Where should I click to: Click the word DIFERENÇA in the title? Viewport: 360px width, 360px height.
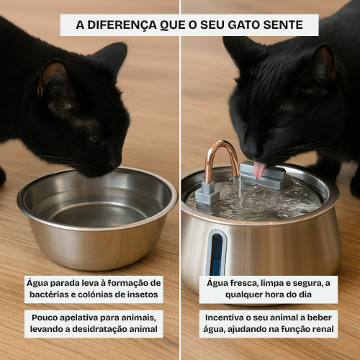coord(122,25)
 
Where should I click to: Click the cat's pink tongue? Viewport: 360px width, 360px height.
coord(259,170)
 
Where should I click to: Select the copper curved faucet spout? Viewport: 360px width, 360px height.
coord(221,158)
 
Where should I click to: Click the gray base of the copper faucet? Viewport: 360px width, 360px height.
coord(207,194)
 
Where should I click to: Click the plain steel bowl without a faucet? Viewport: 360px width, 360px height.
coord(97,217)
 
